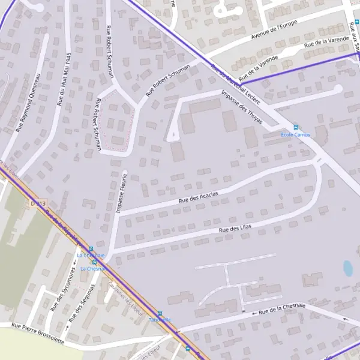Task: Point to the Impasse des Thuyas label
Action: coord(242,106)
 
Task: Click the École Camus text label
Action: coord(296,135)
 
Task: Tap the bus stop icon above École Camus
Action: coord(295,127)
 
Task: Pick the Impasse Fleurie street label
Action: coord(121,193)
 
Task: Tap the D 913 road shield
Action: coord(38,204)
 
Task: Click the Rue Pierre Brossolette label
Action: coord(38,333)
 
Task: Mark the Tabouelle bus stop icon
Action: coord(160,313)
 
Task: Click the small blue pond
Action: coord(348,268)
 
